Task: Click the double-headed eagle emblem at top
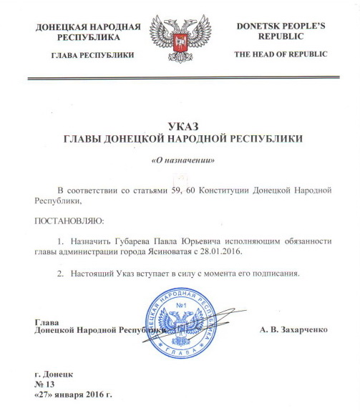point(180,39)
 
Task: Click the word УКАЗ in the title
point(180,125)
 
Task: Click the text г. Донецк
point(54,373)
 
